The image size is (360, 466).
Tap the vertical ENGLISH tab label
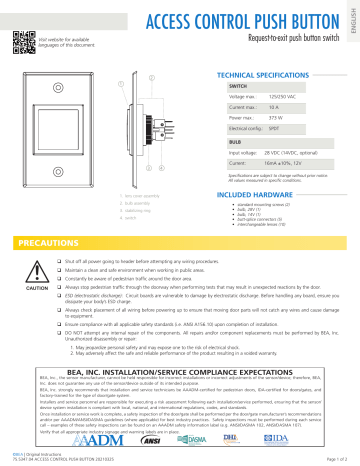351,19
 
